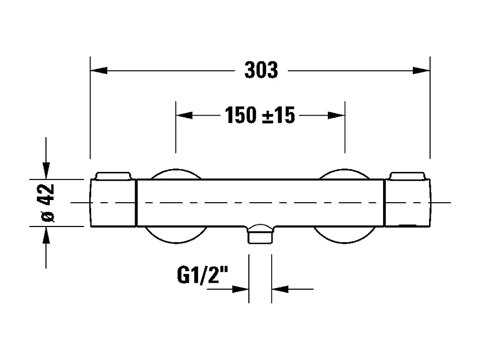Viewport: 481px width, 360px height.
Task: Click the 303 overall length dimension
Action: tap(261, 71)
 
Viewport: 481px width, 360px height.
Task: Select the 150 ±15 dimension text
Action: tap(260, 115)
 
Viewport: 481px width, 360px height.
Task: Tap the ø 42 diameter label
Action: tap(48, 202)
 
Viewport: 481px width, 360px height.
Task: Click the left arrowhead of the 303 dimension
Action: tap(99, 71)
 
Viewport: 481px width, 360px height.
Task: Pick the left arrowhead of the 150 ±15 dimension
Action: tap(185, 115)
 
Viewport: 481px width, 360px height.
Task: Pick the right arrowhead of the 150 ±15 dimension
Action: tap(337, 115)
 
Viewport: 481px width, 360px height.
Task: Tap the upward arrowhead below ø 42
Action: tap(47, 235)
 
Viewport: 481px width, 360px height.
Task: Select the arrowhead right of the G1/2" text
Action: tap(240, 289)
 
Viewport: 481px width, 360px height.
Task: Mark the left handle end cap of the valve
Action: tap(113, 203)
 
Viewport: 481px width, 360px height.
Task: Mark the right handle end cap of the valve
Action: tap(407, 203)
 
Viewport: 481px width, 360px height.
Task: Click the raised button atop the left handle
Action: tap(113, 175)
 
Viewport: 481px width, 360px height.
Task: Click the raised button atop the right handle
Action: tap(407, 175)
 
